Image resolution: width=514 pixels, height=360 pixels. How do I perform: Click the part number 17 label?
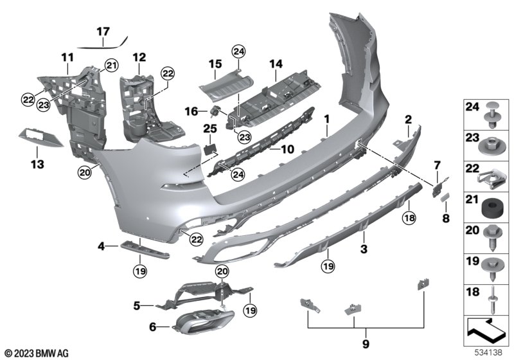click(103, 32)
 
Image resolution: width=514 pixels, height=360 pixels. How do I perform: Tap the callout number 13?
click(37, 164)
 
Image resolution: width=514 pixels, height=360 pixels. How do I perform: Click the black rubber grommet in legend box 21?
click(492, 208)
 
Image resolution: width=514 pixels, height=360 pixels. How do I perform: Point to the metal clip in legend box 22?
click(490, 179)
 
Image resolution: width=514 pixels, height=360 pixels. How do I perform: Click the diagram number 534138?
click(488, 352)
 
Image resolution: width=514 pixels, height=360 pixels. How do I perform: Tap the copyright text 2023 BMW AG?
click(37, 353)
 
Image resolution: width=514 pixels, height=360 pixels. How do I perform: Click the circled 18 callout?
click(409, 217)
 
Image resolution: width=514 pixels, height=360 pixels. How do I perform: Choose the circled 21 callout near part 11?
click(111, 66)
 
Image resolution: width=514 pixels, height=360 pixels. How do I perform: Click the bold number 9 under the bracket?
click(366, 344)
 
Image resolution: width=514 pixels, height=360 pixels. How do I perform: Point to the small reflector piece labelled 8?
click(445, 197)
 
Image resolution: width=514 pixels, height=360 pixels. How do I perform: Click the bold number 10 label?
click(287, 150)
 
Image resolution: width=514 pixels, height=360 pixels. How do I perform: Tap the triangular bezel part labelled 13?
click(41, 138)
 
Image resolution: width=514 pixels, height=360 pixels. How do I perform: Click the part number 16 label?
click(191, 111)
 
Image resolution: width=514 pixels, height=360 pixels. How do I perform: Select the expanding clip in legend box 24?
click(492, 116)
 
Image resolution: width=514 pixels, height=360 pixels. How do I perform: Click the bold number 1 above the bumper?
click(327, 119)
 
